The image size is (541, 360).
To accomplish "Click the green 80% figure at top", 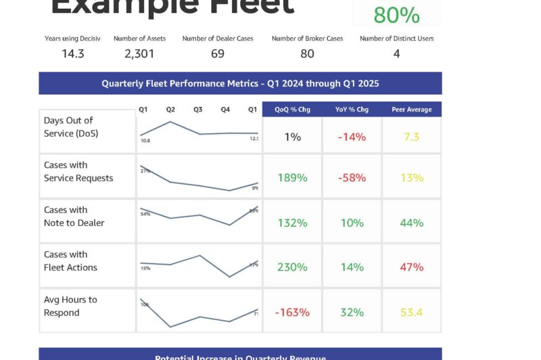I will pos(396,15).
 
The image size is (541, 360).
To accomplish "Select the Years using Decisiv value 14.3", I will pos(72,53).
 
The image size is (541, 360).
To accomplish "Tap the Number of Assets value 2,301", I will pos(140,53).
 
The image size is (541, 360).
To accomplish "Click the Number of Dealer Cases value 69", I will pos(218,53).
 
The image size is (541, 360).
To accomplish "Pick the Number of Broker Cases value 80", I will pos(307,53).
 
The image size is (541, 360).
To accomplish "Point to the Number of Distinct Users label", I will pos(396,39).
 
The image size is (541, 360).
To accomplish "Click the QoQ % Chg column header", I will pos(292,110).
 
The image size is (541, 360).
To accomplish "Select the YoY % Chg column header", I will pos(352,110).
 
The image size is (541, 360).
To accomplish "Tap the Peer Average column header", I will pos(411,110).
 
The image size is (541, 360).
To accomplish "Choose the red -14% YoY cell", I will pos(352,137).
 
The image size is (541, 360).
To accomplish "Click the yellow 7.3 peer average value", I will pos(411,137).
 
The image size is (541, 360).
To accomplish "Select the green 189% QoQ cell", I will pos(292,178).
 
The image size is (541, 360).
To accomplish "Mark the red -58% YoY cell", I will pos(352,178).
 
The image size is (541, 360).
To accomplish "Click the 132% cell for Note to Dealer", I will pos(292,223).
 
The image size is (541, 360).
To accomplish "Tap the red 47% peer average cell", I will pos(411,267).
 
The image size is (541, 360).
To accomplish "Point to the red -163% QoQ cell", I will pos(292,313).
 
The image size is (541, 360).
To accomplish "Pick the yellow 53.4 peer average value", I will pos(411,313).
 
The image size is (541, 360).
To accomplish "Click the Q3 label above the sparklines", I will pos(197,110).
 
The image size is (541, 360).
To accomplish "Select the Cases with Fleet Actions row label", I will pos(70,261).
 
